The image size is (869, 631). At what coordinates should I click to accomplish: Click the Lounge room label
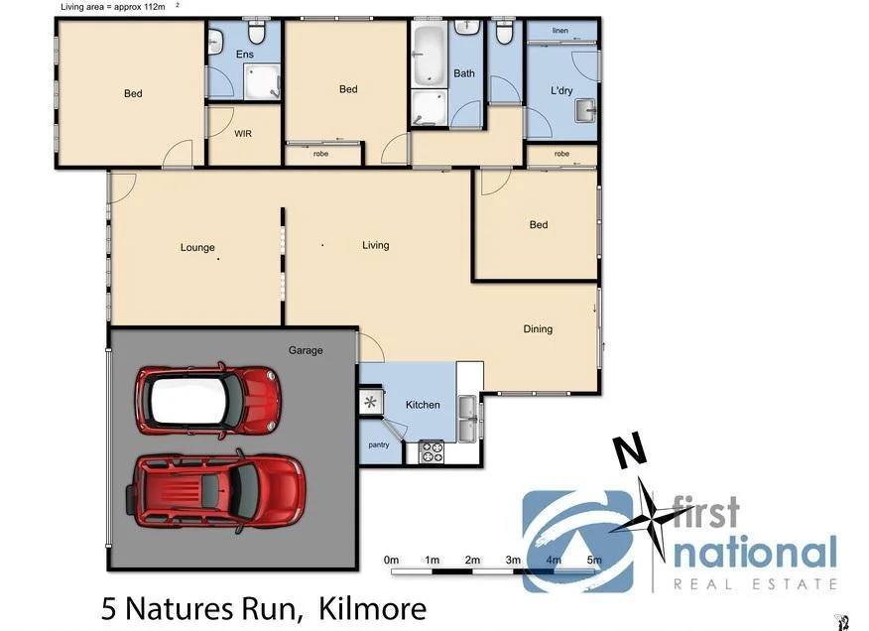pos(197,247)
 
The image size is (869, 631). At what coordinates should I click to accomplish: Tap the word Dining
pos(538,329)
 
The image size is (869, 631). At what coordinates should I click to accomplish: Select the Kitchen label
pos(423,405)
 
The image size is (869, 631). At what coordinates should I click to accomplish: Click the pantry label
pos(379,445)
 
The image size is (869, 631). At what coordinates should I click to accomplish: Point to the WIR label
pos(243,133)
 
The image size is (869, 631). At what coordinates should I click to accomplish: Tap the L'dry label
pos(561,91)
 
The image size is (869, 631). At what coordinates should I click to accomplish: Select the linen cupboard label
pos(559,31)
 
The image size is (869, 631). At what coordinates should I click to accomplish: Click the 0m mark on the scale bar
pos(391,561)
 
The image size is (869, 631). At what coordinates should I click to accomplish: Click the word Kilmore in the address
pos(373,608)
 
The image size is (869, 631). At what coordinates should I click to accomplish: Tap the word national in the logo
pos(754,553)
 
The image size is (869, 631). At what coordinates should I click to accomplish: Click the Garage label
pos(306,350)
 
